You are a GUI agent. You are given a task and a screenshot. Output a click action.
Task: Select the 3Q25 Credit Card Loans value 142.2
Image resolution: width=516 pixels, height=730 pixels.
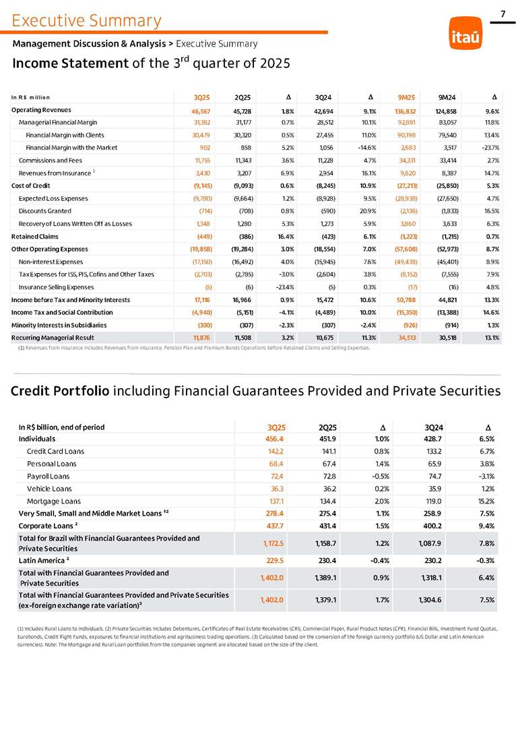[276, 451]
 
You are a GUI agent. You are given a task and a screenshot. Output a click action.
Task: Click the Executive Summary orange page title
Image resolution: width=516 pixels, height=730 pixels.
[86, 21]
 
